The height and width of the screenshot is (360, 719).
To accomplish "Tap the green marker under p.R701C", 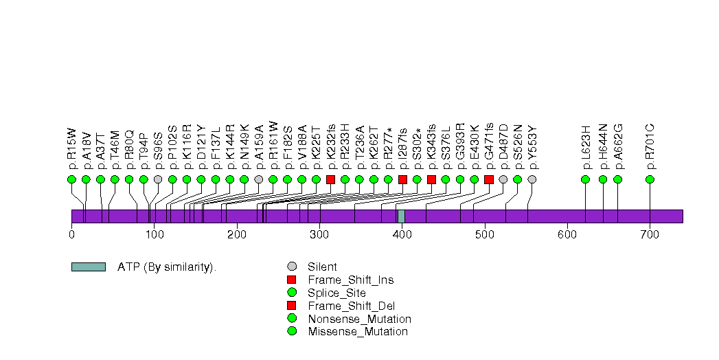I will point(650,179).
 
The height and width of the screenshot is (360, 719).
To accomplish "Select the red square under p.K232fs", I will point(330,179).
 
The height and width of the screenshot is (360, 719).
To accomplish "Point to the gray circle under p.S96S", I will point(158,179).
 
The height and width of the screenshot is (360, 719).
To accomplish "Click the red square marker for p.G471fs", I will point(488,179).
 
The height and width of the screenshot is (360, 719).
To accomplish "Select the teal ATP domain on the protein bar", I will point(401,216).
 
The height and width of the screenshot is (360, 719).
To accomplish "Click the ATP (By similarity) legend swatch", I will point(88,267).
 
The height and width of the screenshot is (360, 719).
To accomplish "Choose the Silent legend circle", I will point(292,267).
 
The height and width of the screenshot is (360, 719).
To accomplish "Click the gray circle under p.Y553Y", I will point(532,179).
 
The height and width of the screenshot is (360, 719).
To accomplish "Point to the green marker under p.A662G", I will point(617,179).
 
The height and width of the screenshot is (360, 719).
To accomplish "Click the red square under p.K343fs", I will point(431,179).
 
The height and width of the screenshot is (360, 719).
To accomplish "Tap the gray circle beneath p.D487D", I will point(503,179).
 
